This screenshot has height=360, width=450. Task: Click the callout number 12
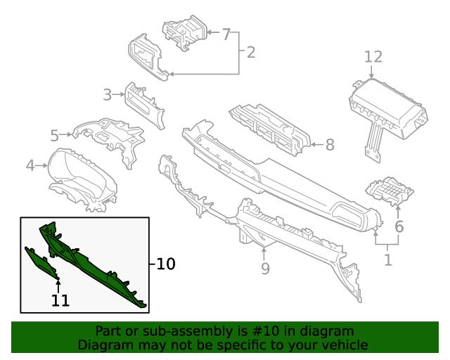click(x=373, y=56)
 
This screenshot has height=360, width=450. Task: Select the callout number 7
click(x=226, y=34)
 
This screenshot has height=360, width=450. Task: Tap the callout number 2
click(x=250, y=52)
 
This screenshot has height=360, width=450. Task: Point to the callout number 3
click(x=107, y=94)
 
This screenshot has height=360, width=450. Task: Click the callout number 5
click(x=54, y=135)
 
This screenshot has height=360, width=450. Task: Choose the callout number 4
click(x=30, y=166)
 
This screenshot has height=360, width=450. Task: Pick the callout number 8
click(x=329, y=146)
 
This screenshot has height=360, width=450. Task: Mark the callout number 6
click(x=399, y=226)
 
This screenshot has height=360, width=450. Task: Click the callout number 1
click(x=387, y=260)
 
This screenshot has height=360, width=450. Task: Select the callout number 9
click(x=265, y=268)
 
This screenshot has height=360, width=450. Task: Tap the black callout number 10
click(x=165, y=264)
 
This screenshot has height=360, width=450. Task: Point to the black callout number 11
click(x=60, y=300)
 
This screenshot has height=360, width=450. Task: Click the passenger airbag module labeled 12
click(x=389, y=109)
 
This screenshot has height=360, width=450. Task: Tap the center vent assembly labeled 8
click(x=271, y=127)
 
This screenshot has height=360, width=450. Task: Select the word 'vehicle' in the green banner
click(x=343, y=345)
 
